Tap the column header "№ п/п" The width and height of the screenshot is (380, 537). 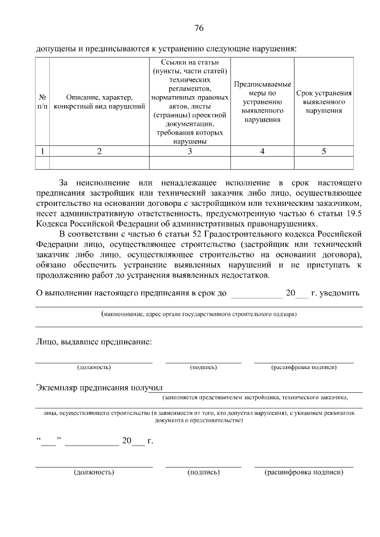(x=42, y=101)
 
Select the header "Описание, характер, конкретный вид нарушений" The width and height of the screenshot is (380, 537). (x=99, y=101)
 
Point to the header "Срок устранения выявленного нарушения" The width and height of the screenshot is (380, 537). (x=324, y=101)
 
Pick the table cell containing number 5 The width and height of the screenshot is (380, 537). (x=324, y=151)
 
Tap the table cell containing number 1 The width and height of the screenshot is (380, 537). (x=42, y=151)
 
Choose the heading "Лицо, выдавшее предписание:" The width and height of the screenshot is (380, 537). (x=93, y=342)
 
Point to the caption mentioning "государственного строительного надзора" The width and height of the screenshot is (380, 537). (x=199, y=313)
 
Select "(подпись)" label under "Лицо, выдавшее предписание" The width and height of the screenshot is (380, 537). (x=203, y=367)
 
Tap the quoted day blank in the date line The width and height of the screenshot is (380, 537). (x=48, y=441)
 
